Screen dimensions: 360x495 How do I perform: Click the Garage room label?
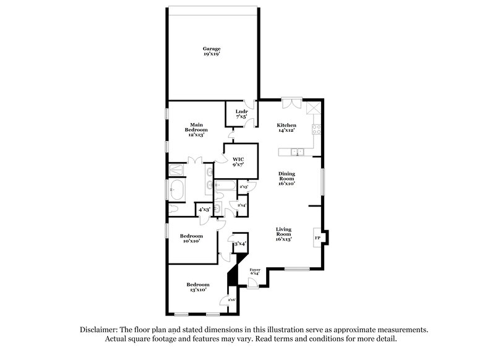point(212,51)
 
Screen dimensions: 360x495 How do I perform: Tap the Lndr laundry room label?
point(241,114)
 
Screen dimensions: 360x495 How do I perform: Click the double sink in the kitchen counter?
point(296,152)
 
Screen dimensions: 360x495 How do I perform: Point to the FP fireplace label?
point(317,238)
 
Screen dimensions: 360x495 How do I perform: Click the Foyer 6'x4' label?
point(254,272)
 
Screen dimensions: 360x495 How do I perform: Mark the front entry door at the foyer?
point(252,283)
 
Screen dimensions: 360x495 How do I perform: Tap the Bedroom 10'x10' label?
point(191,238)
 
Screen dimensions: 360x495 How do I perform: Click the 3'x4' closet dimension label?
point(240,244)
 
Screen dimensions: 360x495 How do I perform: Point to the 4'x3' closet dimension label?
point(204,210)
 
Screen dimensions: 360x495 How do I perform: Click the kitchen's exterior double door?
point(291,103)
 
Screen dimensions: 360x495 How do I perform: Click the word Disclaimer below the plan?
point(100,330)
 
